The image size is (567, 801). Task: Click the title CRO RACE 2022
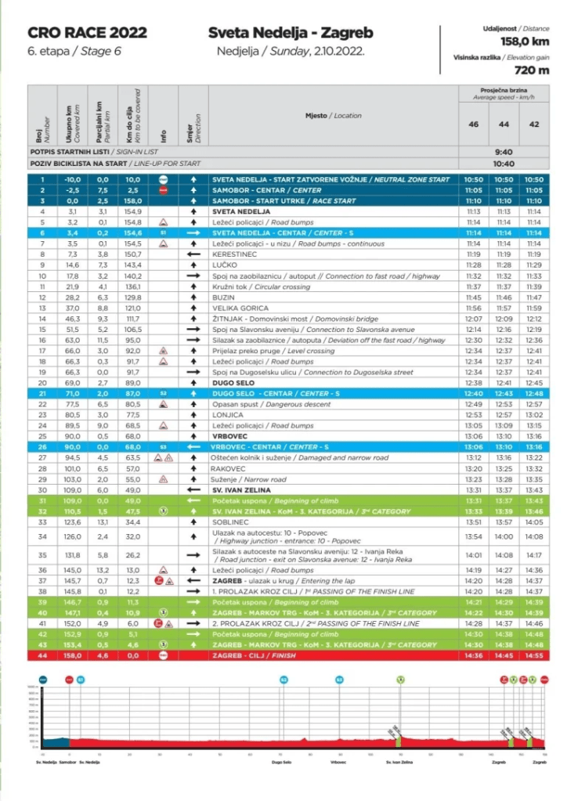pos(87,33)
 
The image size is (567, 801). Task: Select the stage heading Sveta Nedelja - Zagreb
pos(290,33)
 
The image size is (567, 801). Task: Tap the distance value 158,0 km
pos(525,41)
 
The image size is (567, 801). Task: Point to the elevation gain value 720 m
pos(533,70)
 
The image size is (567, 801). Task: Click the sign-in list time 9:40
pos(504,152)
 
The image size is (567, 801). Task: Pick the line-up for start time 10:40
pos(504,164)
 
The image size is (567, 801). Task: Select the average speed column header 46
pos(473,124)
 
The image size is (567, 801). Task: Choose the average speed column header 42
pos(534,124)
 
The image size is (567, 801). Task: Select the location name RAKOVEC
pos(229,467)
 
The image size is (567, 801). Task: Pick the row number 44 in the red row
pos(42,655)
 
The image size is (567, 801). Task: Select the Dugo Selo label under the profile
pos(282,760)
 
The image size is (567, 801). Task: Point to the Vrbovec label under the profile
pos(338,760)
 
